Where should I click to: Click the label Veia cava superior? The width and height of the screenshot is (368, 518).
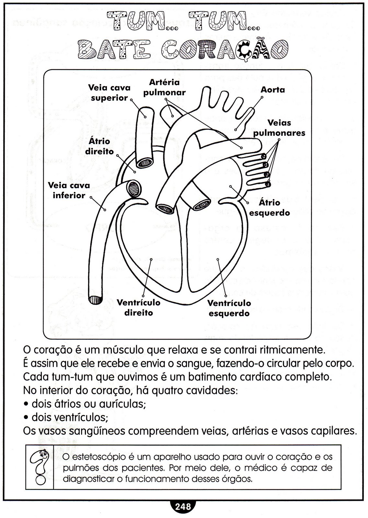109,93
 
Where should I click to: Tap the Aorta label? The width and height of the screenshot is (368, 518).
273,90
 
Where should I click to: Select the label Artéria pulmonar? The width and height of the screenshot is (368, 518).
165,87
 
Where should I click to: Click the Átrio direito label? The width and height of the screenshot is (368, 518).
99,146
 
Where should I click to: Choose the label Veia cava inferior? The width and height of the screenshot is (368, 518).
69,190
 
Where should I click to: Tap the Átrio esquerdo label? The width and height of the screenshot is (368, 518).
269,208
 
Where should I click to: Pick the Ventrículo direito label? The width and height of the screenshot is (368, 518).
139,308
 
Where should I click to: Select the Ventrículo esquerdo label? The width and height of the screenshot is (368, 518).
229,308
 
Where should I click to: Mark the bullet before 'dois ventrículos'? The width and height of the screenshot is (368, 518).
26,418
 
